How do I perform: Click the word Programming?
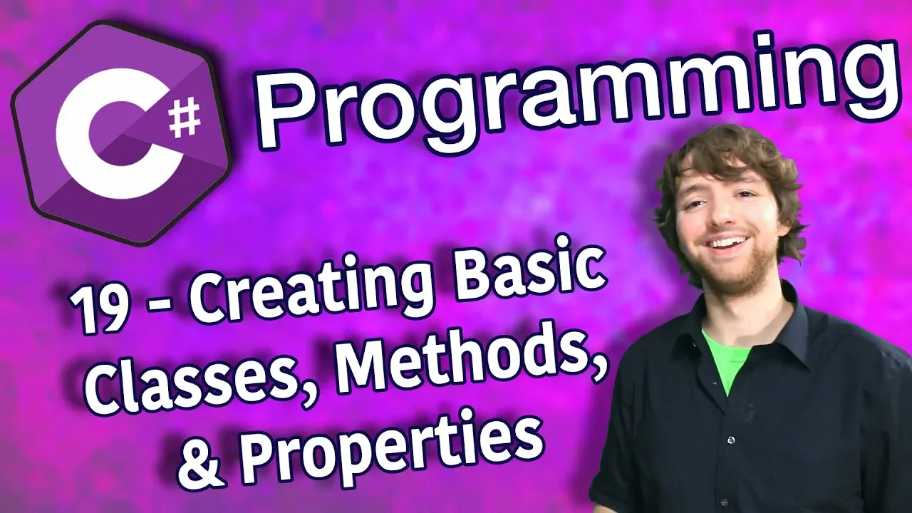[x=574, y=93]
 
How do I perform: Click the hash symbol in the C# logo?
[x=185, y=119]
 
